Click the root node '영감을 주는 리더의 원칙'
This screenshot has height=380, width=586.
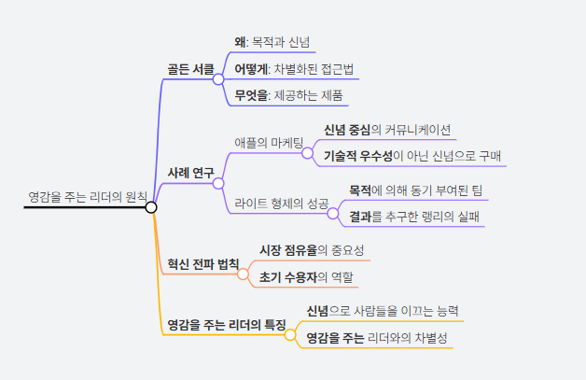click(x=87, y=197)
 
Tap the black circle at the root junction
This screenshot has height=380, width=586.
click(x=151, y=206)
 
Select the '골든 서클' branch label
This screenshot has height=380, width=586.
click(x=190, y=69)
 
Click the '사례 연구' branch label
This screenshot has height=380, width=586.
click(x=190, y=173)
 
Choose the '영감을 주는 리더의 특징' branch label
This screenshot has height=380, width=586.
click(x=226, y=325)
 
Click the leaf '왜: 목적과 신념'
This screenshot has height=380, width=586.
click(x=274, y=42)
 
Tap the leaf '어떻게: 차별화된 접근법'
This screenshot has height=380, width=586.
click(x=293, y=68)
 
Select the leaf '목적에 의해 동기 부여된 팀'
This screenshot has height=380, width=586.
click(x=415, y=190)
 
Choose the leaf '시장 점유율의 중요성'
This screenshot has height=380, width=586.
click(x=312, y=250)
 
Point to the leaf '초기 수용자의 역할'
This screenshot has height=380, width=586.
click(x=307, y=277)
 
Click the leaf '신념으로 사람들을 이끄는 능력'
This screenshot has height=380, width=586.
click(x=383, y=310)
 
